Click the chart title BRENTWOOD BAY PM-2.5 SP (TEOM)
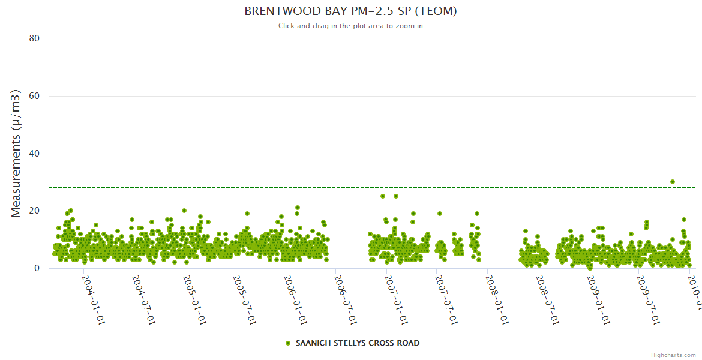[350, 11]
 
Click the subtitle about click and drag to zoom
[350, 26]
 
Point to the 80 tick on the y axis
[34, 38]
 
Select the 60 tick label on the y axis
[34, 96]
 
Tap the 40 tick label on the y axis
[34, 154]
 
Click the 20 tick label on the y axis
[34, 211]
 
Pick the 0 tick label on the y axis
[37, 268]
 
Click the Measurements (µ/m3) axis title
[17, 153]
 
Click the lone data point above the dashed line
[673, 182]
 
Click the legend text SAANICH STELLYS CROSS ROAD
[358, 343]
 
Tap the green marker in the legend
[288, 343]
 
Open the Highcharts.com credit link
[673, 355]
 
